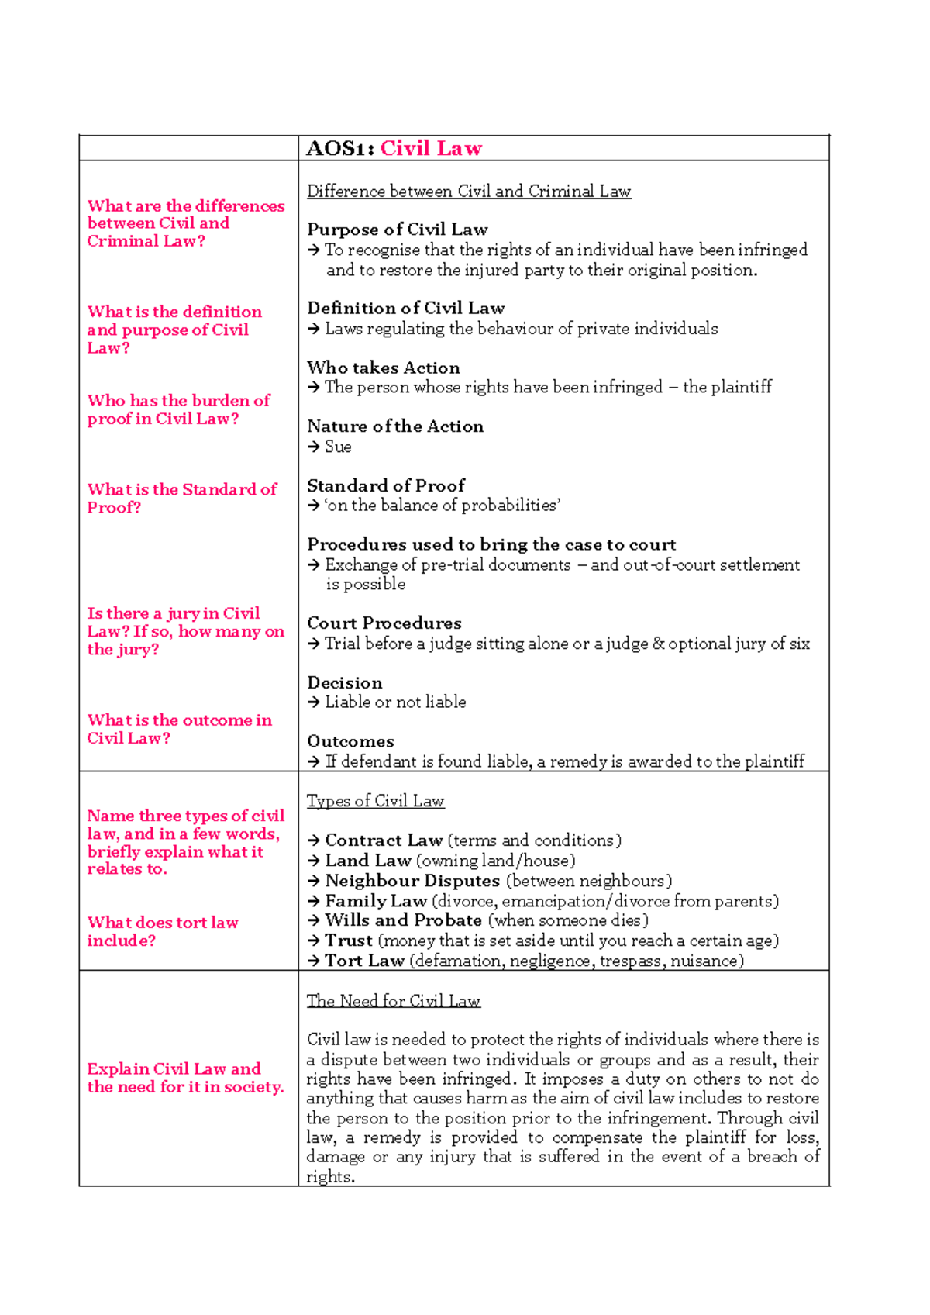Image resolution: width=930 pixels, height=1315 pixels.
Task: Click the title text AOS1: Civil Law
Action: click(394, 148)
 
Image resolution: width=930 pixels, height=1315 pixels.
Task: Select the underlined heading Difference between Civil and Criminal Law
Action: click(469, 192)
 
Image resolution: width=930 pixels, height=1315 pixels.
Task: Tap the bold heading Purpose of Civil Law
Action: click(397, 230)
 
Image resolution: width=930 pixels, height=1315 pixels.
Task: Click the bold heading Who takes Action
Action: click(383, 368)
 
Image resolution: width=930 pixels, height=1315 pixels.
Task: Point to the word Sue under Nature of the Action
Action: click(338, 447)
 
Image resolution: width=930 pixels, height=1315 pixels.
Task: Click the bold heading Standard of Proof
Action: click(385, 485)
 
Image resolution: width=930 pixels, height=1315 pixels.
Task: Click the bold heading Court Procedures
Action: click(384, 623)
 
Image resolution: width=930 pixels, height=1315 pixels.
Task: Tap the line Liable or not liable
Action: click(395, 702)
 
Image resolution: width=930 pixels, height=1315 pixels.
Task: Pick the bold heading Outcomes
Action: click(350, 741)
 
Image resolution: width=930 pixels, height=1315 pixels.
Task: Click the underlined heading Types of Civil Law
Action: click(375, 801)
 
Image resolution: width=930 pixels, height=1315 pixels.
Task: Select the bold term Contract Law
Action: click(384, 840)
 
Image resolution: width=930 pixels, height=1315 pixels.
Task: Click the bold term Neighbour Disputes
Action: click(412, 881)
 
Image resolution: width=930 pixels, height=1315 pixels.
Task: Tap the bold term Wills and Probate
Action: click(403, 920)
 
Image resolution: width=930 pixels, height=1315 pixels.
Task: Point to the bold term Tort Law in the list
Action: click(364, 961)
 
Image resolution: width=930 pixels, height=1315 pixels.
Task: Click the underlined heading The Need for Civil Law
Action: click(393, 1001)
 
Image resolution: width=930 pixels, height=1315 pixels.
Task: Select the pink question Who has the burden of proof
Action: click(178, 409)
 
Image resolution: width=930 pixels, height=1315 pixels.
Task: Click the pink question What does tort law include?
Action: click(162, 931)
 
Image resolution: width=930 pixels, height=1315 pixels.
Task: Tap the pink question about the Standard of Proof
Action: click(181, 498)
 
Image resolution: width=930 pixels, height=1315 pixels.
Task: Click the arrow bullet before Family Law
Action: click(314, 901)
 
